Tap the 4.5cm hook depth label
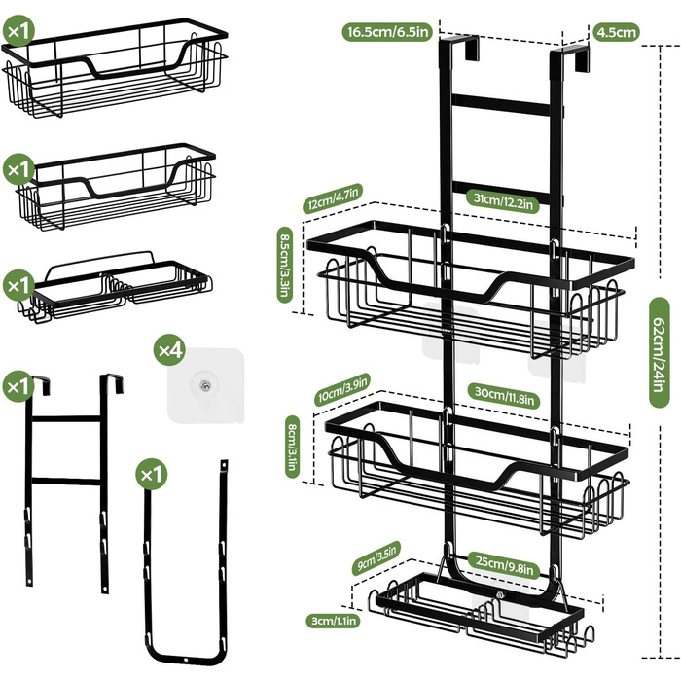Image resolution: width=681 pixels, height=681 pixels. click(617, 32)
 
